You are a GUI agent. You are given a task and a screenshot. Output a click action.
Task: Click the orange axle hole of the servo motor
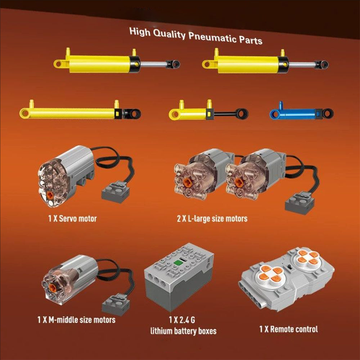click(50, 195)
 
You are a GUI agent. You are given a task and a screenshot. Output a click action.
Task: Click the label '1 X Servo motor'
click(73, 219)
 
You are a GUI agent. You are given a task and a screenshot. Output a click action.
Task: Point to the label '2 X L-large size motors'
click(212, 219)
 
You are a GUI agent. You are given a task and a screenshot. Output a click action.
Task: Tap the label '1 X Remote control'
click(289, 329)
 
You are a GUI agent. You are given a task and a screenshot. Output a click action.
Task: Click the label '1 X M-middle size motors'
click(76, 320)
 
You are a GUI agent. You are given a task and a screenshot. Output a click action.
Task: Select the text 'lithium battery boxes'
click(184, 331)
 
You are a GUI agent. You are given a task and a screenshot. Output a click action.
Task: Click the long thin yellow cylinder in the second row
click(80, 113)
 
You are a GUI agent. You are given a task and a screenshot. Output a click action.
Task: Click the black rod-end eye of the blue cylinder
click(328, 113)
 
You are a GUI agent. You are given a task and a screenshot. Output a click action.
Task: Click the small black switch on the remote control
click(290, 267)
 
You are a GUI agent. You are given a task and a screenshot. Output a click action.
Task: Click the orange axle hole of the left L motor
click(186, 183)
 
